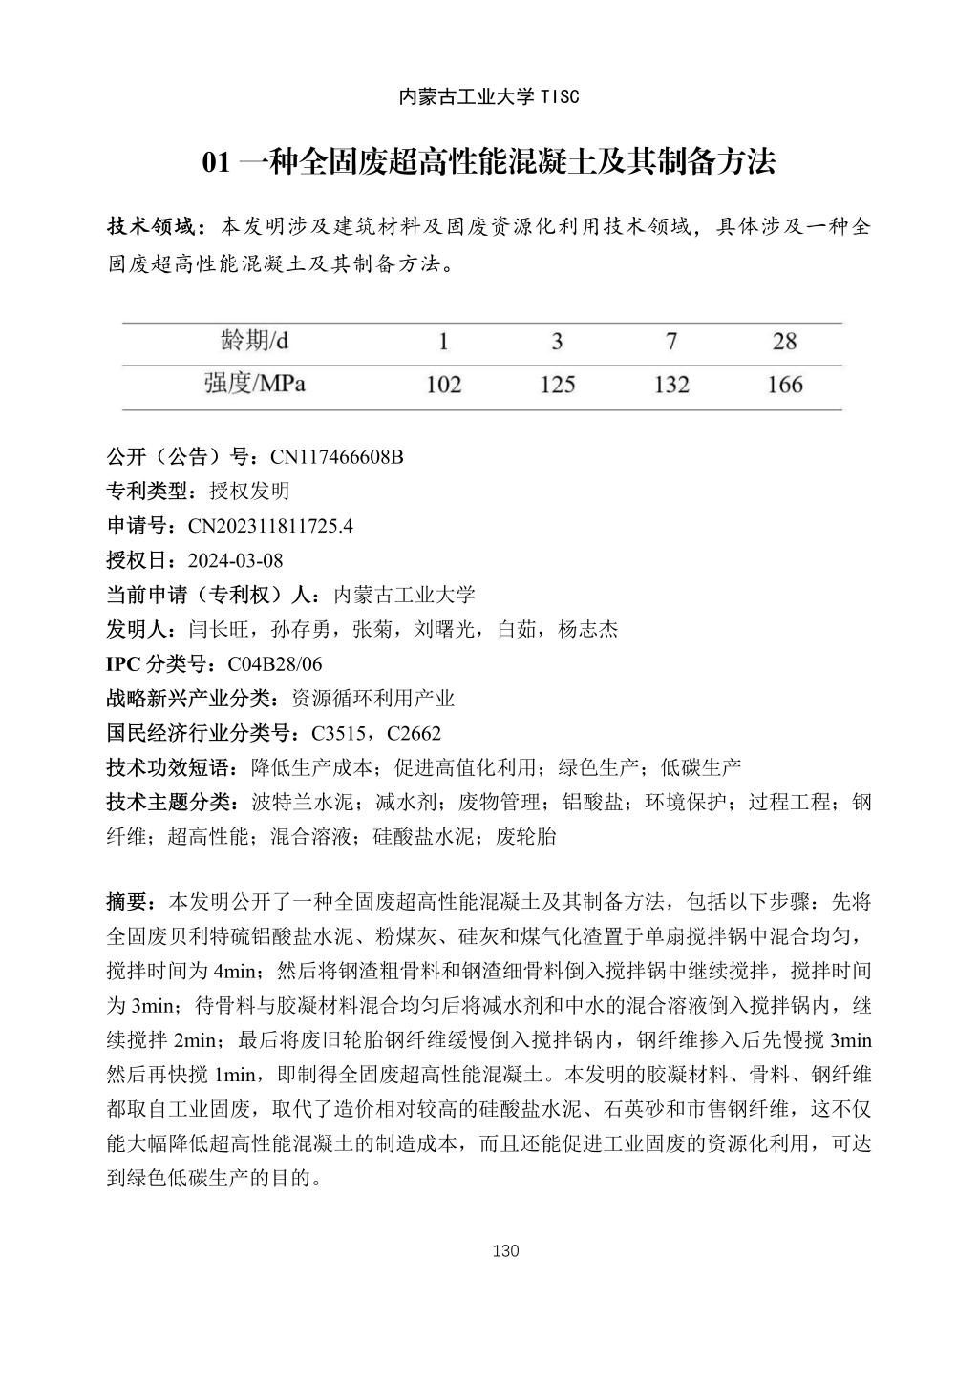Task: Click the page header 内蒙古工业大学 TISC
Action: pos(488,96)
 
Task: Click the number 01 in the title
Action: pos(217,162)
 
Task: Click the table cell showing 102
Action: pos(443,385)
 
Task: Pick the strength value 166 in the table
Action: pos(785,385)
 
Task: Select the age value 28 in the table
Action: pos(785,341)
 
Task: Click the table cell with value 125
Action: pos(558,385)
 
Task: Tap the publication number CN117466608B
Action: pos(337,457)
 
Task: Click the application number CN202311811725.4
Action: pos(270,526)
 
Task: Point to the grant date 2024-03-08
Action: pos(236,560)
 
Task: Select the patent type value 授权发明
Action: pos(249,492)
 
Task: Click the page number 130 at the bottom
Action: pos(505,1251)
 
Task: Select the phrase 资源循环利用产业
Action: pos(372,699)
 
